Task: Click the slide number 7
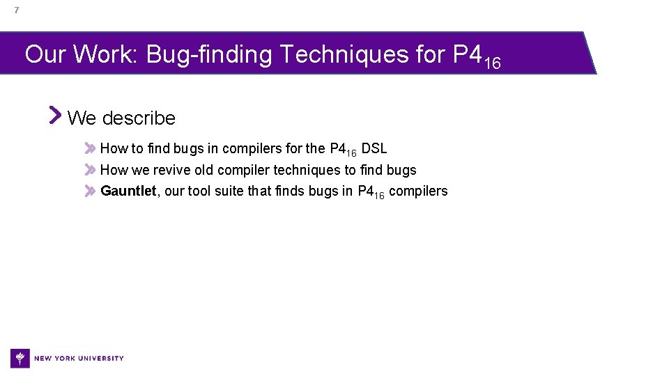16,10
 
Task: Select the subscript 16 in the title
492,63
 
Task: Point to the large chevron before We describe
56,115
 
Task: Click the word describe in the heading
139,118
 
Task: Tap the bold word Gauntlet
128,191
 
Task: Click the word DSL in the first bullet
374,148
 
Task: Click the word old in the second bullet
205,170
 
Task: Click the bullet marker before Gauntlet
90,191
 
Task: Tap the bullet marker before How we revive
90,170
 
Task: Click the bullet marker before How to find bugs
90,148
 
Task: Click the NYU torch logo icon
20,358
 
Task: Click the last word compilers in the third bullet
418,191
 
